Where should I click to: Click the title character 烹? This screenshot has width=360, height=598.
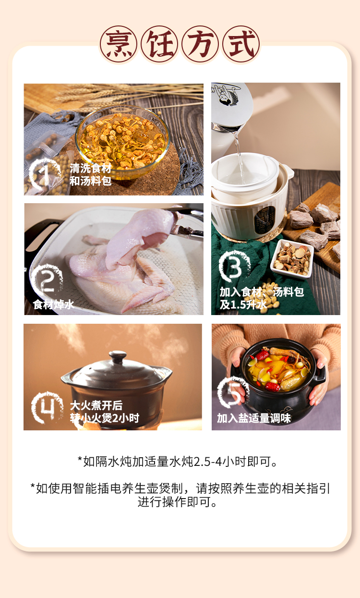119,44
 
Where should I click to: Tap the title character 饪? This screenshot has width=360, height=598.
159,44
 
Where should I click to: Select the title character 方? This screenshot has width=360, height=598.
200,44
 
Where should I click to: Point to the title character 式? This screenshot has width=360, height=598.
241,44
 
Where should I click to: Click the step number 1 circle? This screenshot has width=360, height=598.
44,174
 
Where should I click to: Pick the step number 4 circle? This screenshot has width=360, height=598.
47,407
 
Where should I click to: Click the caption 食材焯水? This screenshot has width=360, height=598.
54,305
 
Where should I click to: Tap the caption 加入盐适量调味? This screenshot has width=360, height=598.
253,418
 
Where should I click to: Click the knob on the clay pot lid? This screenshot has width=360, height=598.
118,356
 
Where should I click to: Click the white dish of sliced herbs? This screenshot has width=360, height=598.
292,259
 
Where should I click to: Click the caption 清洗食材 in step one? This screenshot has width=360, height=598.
90,168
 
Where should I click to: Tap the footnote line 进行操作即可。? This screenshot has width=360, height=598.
177,501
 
